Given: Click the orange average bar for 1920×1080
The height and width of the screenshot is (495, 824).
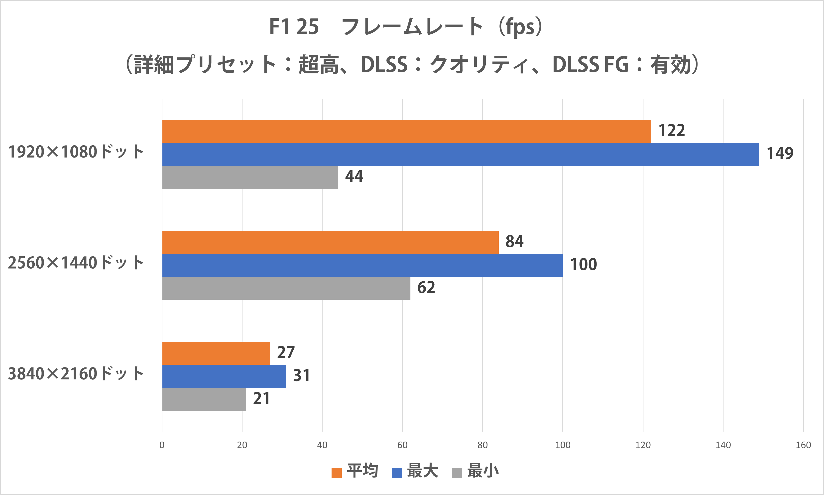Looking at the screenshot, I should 406,131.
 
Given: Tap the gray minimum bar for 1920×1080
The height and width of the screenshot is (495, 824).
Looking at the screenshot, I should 250,177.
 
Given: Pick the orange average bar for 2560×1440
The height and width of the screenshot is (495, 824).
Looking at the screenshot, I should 330,242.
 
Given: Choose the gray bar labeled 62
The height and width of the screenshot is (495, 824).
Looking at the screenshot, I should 286,288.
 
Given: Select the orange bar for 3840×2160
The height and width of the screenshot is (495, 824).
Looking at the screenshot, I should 216,353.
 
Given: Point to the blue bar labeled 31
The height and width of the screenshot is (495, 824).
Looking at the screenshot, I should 224,376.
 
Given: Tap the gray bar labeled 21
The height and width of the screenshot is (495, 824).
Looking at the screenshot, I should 204,399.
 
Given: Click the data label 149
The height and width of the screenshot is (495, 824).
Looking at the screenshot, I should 780,154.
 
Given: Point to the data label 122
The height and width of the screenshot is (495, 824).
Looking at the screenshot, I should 671,130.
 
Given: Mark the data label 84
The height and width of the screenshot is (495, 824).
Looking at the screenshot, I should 514,241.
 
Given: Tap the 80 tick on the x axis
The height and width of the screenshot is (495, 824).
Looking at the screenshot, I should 482,445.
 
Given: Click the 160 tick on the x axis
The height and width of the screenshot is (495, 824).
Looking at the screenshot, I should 803,445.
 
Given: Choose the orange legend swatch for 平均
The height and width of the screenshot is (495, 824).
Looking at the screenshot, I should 336,473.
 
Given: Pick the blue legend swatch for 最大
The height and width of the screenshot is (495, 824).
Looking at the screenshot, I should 397,473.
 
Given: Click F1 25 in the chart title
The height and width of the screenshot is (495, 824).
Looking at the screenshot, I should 294,27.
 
